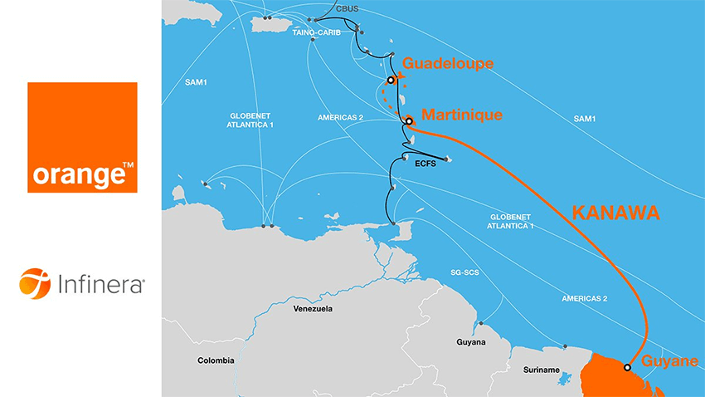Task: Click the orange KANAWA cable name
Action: point(615,213)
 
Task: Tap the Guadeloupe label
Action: point(448,64)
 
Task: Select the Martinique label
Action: point(462,115)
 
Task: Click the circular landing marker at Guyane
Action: point(627,367)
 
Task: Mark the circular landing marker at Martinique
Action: point(409,121)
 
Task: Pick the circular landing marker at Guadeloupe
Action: point(390,81)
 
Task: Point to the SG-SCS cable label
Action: point(464,272)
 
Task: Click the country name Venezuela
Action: point(313,309)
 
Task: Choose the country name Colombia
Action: point(216,360)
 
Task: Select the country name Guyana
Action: point(469,342)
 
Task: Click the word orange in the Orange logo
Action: point(76,176)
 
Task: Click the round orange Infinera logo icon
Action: point(35,284)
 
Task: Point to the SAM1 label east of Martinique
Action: point(584,120)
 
